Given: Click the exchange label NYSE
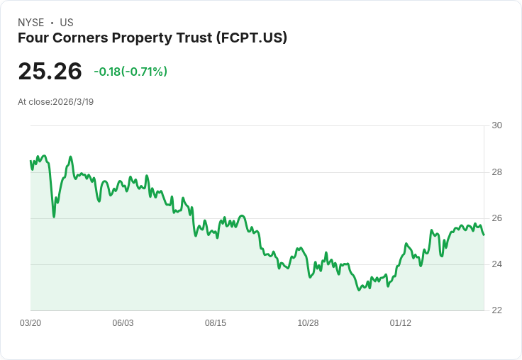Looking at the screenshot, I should [30, 23].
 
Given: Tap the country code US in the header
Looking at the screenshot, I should [67, 23].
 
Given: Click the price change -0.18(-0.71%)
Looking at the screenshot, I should [130, 72].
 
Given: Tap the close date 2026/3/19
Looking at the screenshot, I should [73, 101].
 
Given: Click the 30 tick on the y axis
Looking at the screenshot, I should [496, 125].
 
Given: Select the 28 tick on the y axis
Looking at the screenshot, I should [496, 172].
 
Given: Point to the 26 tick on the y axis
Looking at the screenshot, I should [496, 218].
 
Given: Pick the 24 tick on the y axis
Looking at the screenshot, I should [496, 264].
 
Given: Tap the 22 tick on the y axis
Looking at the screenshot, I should [496, 310].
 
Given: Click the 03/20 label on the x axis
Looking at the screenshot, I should [30, 323].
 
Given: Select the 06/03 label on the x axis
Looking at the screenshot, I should [123, 323].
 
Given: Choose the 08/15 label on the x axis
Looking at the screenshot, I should [216, 323].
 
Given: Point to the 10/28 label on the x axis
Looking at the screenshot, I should [308, 323].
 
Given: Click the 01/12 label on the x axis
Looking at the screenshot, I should [401, 323].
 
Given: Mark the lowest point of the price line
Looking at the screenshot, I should [360, 290].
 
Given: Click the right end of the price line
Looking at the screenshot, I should [484, 235].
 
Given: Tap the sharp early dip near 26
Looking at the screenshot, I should [54, 216].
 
